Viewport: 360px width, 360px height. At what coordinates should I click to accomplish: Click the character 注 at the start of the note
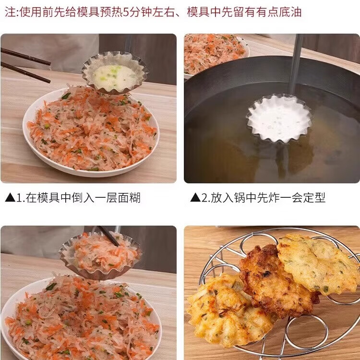[10, 12]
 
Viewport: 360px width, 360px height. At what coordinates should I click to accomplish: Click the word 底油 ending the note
[291, 12]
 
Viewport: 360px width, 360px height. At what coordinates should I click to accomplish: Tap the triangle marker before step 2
[195, 197]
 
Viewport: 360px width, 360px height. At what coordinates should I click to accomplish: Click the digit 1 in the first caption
[20, 197]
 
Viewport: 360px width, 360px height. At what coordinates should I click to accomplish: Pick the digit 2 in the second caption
[205, 197]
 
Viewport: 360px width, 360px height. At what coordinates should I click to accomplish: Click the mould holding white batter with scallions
[114, 73]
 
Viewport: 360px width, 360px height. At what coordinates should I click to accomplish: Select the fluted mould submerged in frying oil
[279, 118]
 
